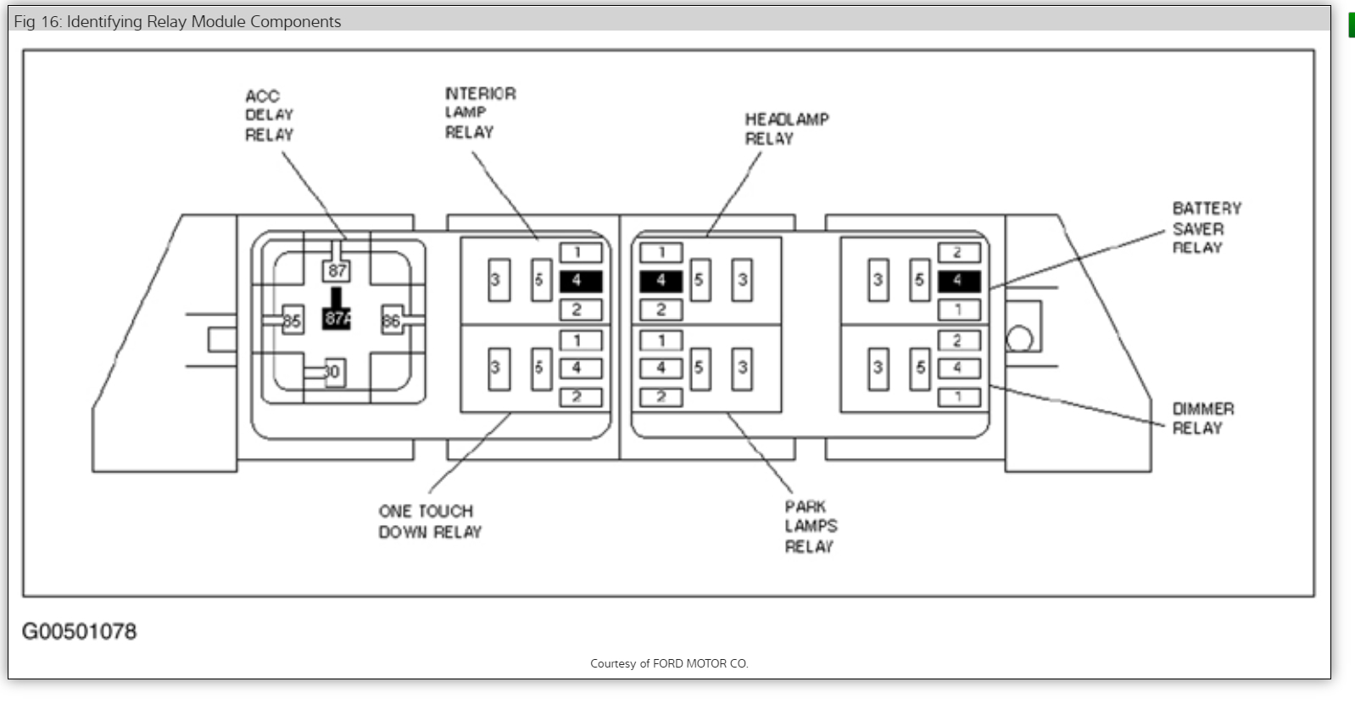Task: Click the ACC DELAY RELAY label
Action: click(x=269, y=115)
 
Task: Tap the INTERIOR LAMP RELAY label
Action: click(x=480, y=112)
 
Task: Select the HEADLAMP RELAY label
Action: click(x=786, y=129)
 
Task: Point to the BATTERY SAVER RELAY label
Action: click(x=1206, y=228)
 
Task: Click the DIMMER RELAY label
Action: click(x=1202, y=418)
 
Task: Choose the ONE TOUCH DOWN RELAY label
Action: click(x=429, y=522)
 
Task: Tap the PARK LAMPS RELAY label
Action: click(x=810, y=527)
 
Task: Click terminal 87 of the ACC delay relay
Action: click(x=337, y=271)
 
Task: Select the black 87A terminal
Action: click(x=337, y=318)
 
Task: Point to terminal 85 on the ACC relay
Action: click(x=292, y=321)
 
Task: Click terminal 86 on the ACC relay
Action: click(x=391, y=321)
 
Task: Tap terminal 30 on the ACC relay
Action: click(x=333, y=372)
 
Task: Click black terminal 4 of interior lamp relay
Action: click(x=580, y=281)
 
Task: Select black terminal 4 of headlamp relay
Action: click(x=661, y=281)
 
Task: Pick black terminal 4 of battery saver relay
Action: click(x=959, y=281)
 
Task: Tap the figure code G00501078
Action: click(x=79, y=632)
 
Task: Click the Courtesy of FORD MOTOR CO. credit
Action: click(x=669, y=663)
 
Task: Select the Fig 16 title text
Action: click(x=177, y=21)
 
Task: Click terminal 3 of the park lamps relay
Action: click(x=742, y=368)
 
